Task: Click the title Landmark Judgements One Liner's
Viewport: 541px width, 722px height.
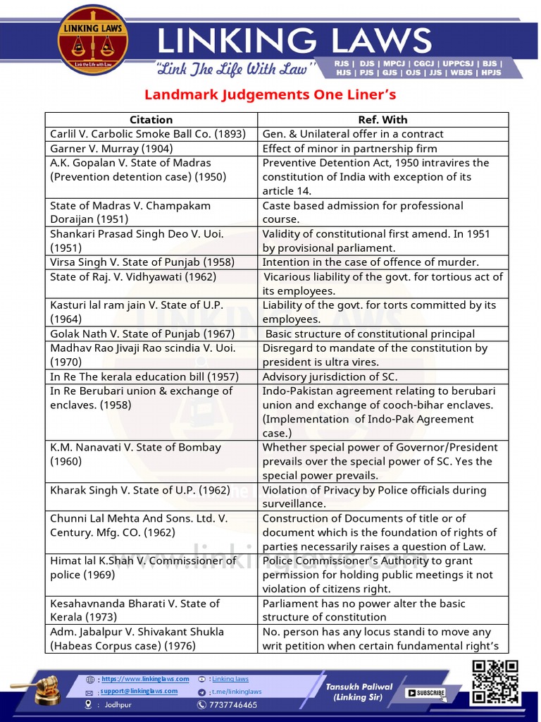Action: pos(270,94)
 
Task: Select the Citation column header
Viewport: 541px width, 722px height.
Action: pos(151,120)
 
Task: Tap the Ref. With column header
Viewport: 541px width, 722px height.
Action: pos(383,120)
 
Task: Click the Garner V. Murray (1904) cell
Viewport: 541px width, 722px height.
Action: pos(111,149)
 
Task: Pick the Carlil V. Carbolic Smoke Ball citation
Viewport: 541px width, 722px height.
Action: pos(147,134)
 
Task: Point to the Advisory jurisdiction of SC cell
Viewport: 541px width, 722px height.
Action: pos(340,377)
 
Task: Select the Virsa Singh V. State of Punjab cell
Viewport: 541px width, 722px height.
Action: pos(142,262)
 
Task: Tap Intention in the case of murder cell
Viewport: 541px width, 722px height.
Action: pos(371,262)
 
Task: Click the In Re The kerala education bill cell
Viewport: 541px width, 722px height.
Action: pos(144,377)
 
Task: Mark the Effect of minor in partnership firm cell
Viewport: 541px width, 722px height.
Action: pos(349,149)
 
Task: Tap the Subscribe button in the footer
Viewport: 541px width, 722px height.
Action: pos(425,692)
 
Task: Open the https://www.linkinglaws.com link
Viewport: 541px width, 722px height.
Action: pos(145,679)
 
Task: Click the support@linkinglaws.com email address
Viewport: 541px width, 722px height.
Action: pos(144,692)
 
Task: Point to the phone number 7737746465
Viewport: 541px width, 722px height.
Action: pos(232,705)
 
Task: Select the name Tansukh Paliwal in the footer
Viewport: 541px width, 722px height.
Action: pos(359,686)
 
